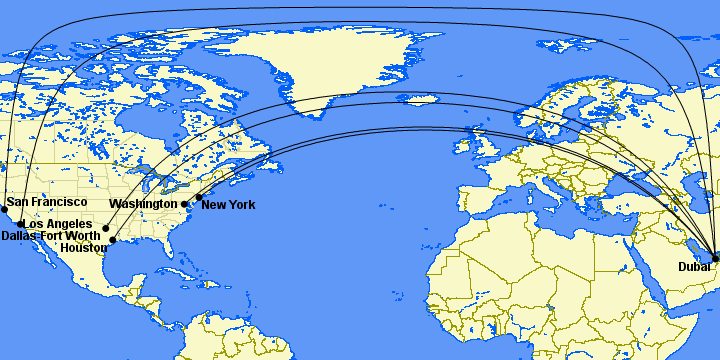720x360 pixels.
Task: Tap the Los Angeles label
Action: coord(57,223)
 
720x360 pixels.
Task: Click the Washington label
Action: coord(143,204)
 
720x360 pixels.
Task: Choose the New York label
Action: coord(228,205)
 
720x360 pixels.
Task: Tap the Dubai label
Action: coord(694,266)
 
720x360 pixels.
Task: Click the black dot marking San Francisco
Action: coord(4,209)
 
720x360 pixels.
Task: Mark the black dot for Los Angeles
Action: coord(21,224)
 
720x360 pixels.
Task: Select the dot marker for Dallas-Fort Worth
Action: coord(106,228)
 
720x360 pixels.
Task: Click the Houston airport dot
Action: coord(113,240)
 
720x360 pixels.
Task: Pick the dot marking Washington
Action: coord(184,204)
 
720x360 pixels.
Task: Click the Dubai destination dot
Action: coord(715,258)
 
